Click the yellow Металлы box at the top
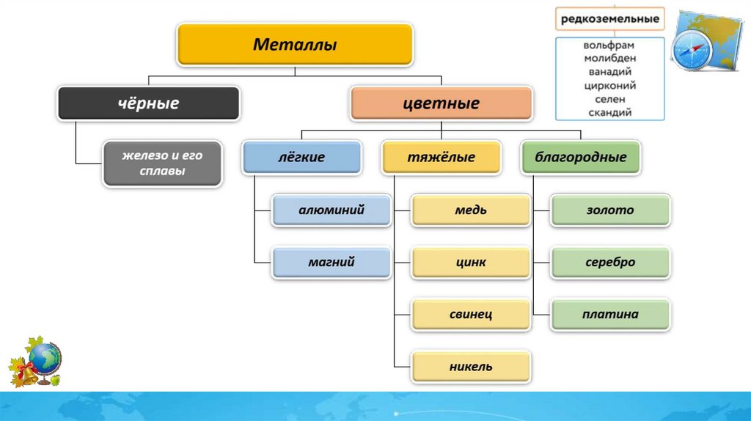[295, 45]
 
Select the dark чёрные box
[149, 103]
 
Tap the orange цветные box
[441, 103]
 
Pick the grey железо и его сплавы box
[162, 164]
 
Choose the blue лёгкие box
[301, 157]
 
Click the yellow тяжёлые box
[441, 157]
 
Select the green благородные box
[580, 157]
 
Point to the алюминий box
[331, 210]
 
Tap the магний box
[331, 262]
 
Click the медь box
[470, 210]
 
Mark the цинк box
[470, 262]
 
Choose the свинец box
[470, 314]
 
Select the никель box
[470, 366]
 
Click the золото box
[609, 210]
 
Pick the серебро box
[609, 262]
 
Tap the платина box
[609, 314]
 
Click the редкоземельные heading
[609, 19]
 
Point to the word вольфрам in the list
[609, 45]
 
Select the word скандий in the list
[609, 112]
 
